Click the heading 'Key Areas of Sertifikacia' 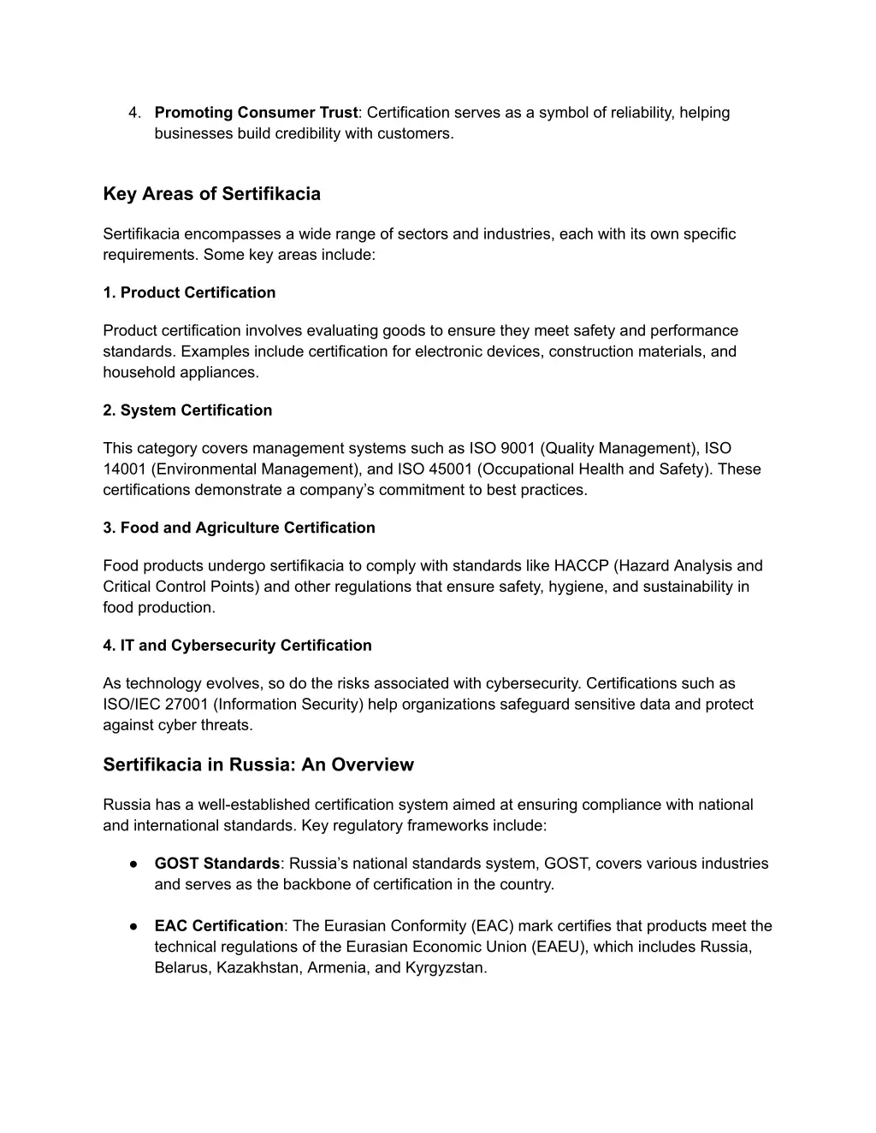211,194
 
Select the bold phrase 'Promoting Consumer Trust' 256,113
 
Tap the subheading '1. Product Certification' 189,292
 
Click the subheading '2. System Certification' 187,410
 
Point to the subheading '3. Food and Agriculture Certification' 239,528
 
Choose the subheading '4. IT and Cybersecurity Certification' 237,646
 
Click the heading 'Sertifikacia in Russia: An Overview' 258,764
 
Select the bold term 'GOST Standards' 217,864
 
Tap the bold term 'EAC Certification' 218,926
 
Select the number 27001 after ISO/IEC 186,705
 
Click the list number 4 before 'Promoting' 133,113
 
